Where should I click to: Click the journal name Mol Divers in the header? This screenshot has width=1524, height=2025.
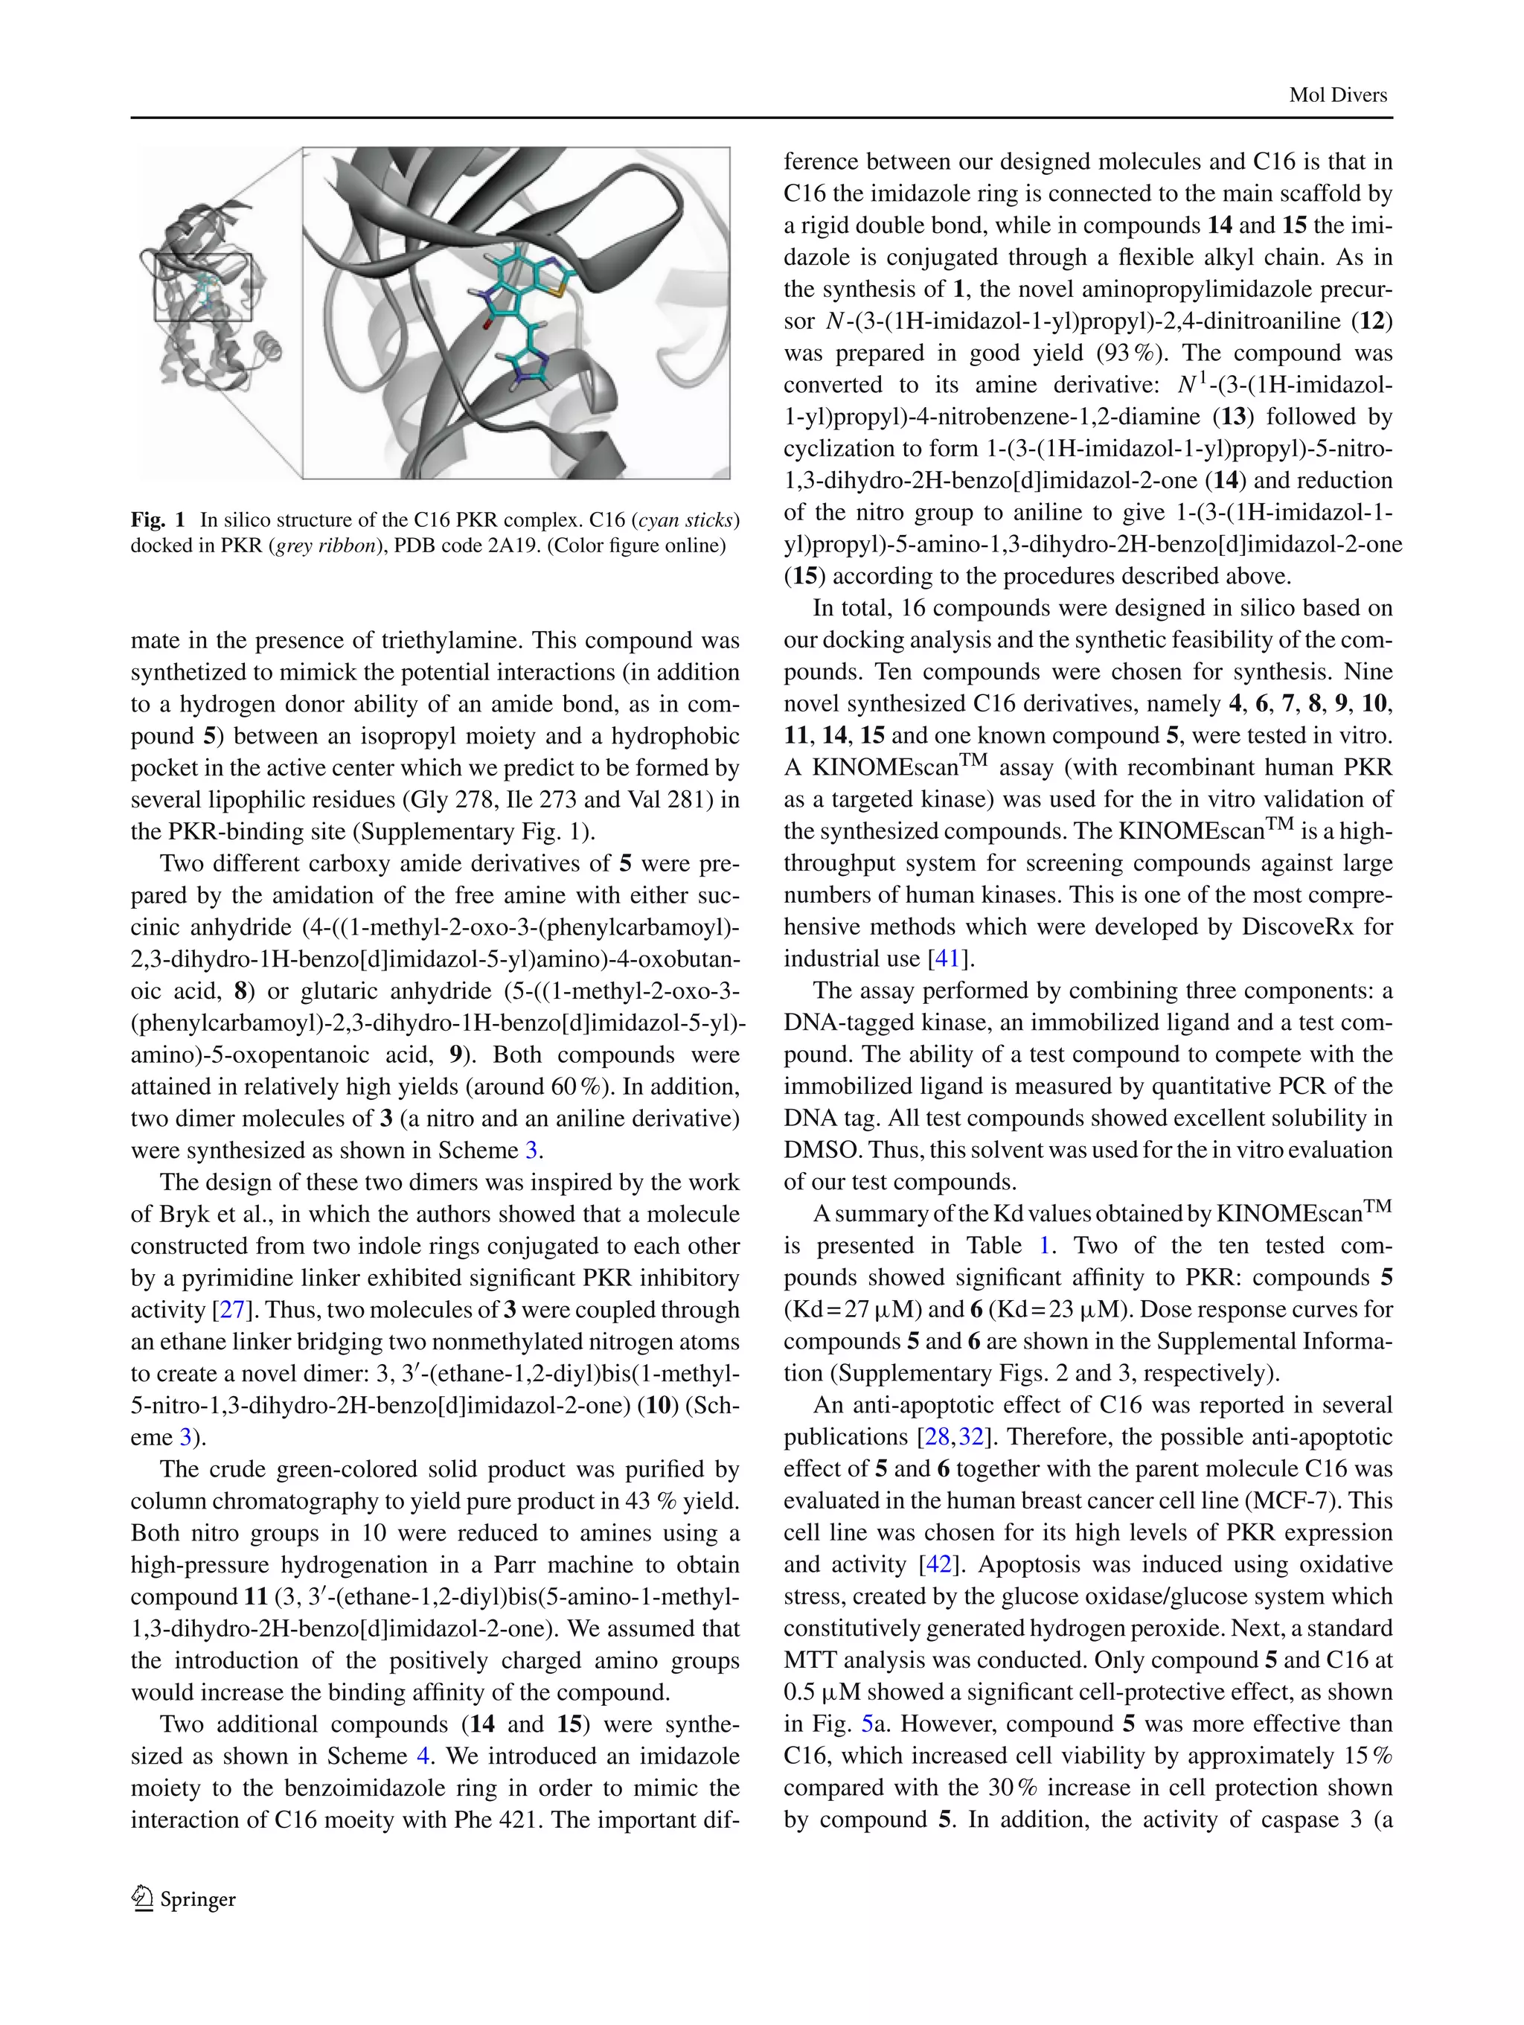(x=1337, y=95)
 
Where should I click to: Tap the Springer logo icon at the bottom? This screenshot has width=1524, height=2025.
(x=142, y=1898)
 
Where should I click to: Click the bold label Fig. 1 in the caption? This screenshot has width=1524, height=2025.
(x=158, y=520)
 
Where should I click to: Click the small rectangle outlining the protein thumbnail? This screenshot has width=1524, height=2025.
(x=202, y=287)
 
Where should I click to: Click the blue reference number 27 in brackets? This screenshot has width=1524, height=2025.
(x=231, y=1309)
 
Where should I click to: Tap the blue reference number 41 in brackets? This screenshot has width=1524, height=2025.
(x=946, y=959)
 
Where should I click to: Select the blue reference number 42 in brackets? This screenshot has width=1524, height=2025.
(x=938, y=1564)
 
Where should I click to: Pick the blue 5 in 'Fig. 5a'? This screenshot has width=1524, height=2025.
(x=867, y=1724)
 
